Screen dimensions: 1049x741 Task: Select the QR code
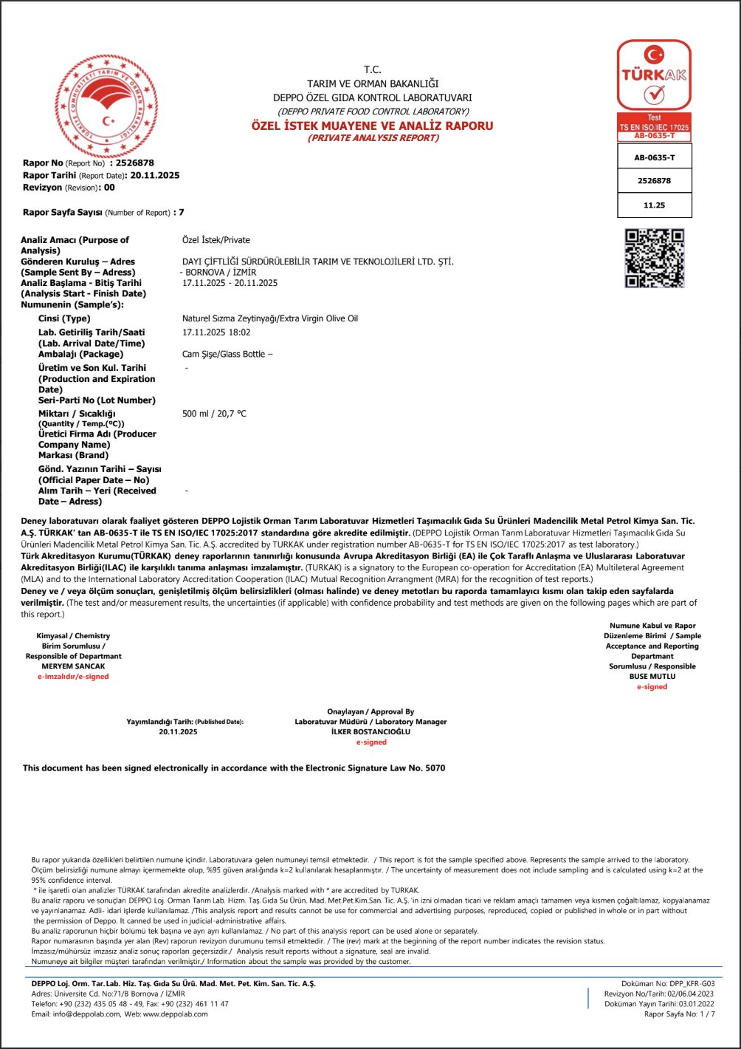655,258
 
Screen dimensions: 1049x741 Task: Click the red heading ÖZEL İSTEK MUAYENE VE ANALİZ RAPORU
372,126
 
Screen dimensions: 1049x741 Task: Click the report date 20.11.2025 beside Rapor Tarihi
155,175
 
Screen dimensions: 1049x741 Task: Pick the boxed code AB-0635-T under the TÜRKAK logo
654,157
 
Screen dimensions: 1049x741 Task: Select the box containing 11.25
654,205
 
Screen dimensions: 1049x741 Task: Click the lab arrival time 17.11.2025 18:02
216,332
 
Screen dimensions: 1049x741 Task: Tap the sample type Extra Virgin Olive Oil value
269,318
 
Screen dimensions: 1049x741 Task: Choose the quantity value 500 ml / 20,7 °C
214,414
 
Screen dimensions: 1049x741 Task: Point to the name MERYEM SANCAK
73,666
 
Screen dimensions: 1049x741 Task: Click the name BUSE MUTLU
652,676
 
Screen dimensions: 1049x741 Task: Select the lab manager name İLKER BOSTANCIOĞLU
370,732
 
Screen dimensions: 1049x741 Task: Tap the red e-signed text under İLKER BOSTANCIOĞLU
370,742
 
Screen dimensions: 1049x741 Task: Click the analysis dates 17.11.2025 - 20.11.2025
230,283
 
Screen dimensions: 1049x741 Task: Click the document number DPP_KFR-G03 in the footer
688,984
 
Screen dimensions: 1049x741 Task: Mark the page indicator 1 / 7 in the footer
707,1014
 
